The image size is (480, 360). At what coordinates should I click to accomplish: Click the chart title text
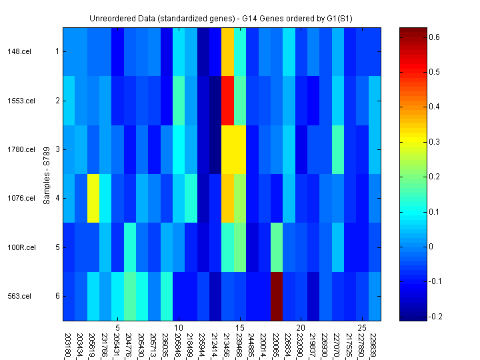click(x=221, y=17)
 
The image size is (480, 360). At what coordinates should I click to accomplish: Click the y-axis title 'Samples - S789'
click(x=47, y=174)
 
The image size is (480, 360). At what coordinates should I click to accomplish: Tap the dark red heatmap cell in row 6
click(x=277, y=296)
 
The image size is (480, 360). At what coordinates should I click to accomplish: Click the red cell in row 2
click(x=227, y=101)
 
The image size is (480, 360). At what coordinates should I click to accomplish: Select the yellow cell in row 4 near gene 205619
click(x=93, y=198)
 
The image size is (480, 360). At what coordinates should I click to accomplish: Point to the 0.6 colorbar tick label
click(x=433, y=37)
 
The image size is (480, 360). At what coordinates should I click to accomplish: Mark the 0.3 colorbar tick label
click(x=433, y=142)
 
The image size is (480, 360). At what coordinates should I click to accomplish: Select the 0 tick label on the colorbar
click(x=431, y=247)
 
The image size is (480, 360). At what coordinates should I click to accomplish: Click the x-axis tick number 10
click(x=179, y=328)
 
